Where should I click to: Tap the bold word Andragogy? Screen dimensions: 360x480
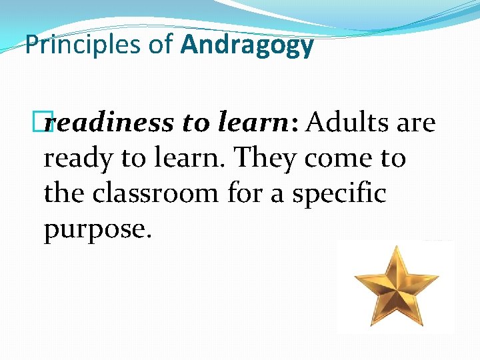pos(247,45)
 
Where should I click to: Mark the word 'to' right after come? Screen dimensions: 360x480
pos(392,159)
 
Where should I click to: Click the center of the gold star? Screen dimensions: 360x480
pos(395,281)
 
